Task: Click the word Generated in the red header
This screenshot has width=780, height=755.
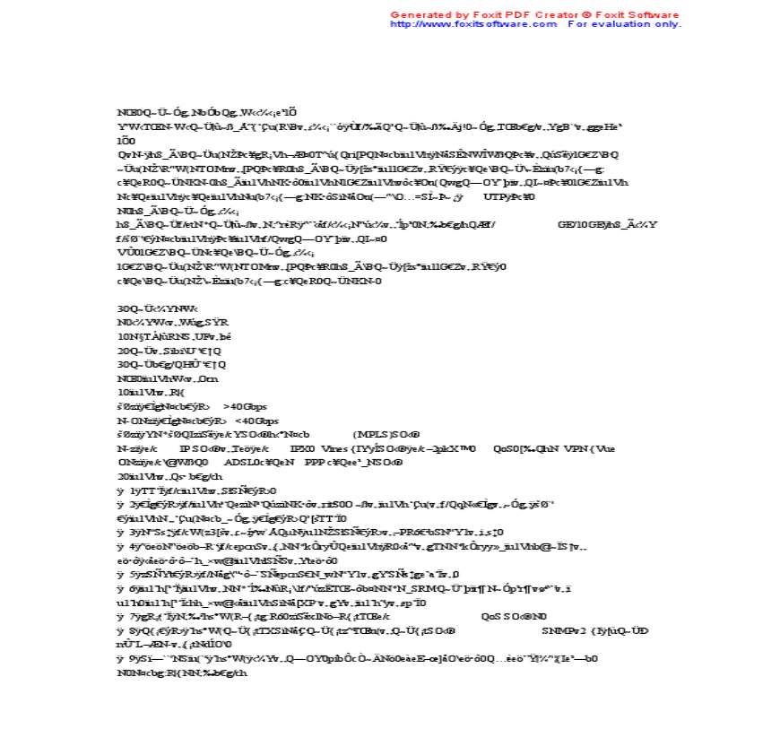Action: (x=418, y=15)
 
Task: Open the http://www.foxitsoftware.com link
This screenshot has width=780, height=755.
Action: (x=473, y=24)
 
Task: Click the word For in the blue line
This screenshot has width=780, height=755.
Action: (x=577, y=24)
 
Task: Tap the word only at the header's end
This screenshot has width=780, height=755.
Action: (x=668, y=24)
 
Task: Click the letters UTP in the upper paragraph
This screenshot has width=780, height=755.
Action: (x=494, y=196)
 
